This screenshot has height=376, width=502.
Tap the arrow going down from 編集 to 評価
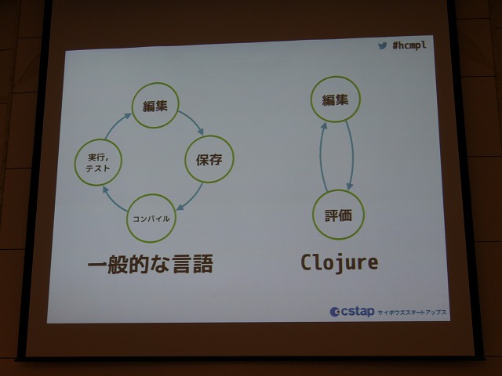coord(351,155)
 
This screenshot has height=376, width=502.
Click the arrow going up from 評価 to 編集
coord(322,157)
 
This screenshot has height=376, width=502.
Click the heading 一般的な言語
coord(151,264)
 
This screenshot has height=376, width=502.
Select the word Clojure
coord(340,263)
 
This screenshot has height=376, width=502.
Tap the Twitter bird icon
coord(382,45)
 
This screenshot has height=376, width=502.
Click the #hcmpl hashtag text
coord(409,45)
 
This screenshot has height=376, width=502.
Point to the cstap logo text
coord(358,312)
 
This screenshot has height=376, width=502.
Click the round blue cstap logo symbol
coord(335,312)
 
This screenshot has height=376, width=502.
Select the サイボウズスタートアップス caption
coord(412,313)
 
